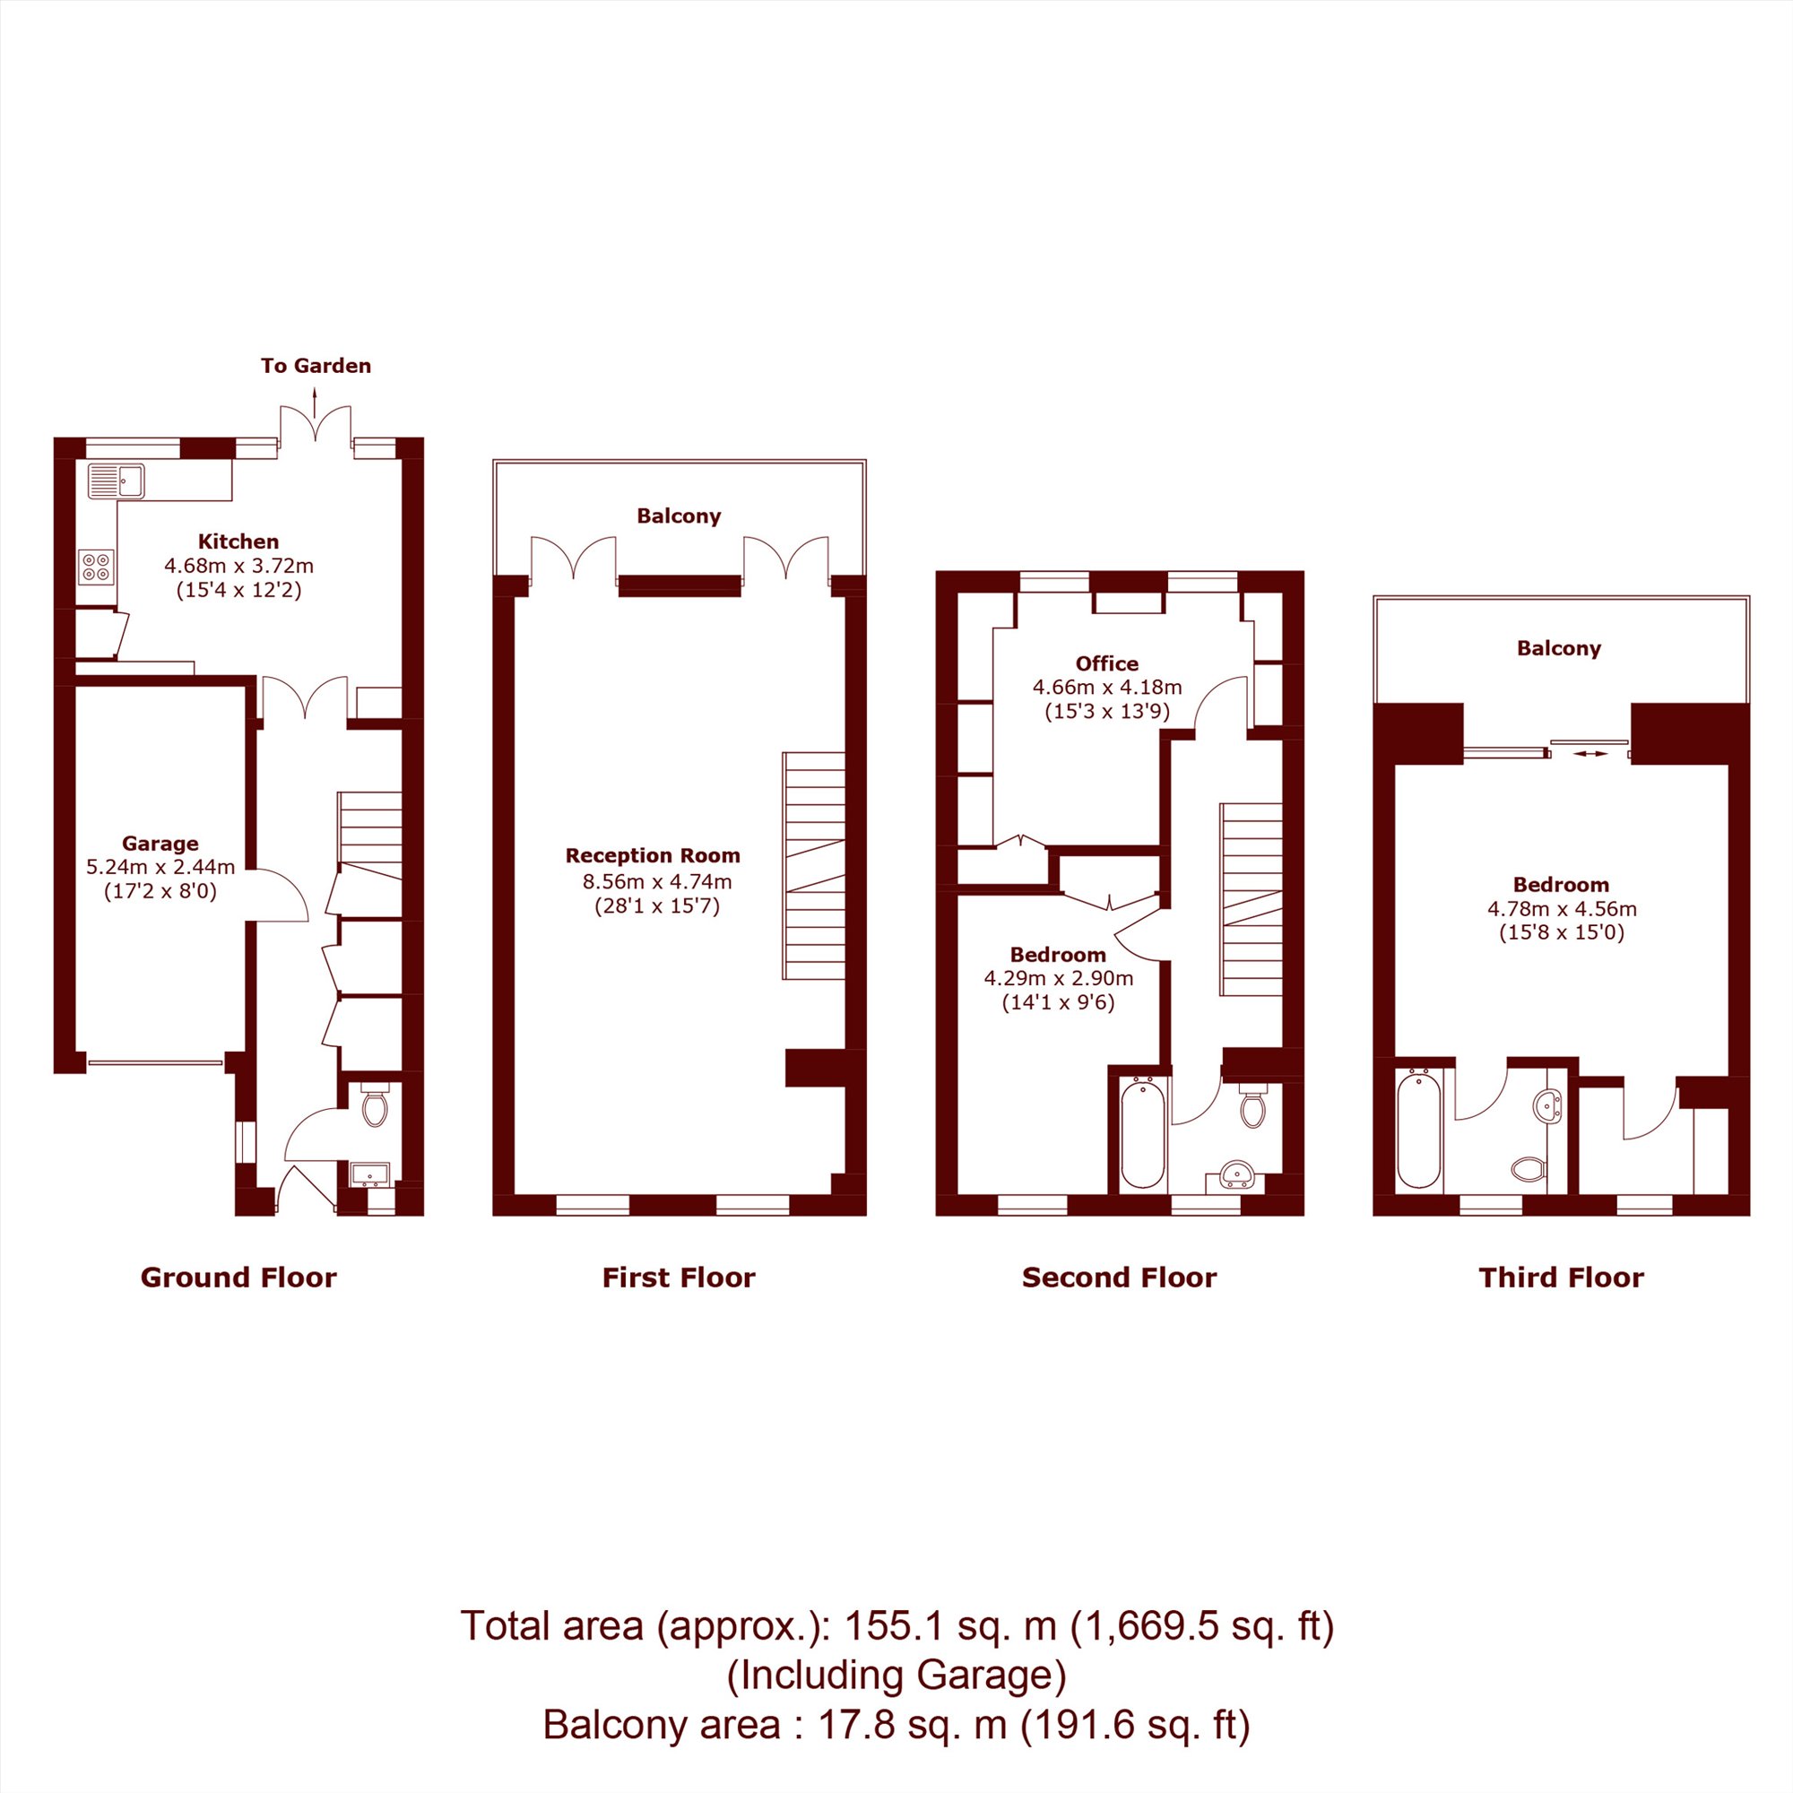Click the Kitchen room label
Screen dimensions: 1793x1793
click(238, 541)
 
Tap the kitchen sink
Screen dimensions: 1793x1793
click(116, 481)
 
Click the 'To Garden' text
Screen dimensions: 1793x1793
click(316, 366)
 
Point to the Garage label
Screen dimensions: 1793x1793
click(160, 844)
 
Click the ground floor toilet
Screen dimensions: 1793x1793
click(374, 1104)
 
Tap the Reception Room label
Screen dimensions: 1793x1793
click(653, 855)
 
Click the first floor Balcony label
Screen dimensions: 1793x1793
click(679, 516)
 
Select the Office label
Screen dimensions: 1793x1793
click(1107, 663)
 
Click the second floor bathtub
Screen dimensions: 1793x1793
click(1143, 1132)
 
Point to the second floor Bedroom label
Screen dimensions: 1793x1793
click(1058, 955)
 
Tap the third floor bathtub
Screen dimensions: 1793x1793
click(1419, 1129)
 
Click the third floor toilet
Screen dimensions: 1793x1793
click(1529, 1168)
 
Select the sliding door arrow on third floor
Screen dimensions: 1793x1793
click(1590, 754)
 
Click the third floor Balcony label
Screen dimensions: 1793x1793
click(1559, 649)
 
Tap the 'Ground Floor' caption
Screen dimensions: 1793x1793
click(238, 1278)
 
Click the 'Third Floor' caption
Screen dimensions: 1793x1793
click(1561, 1278)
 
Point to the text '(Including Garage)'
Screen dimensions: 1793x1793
click(896, 1676)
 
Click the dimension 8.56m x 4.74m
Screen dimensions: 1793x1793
click(657, 881)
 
